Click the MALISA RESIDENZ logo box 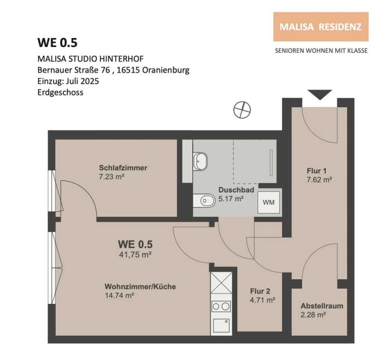[x=321, y=27]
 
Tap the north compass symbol [x=242, y=110]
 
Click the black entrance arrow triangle [x=320, y=95]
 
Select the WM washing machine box [x=269, y=202]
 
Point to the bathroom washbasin [x=200, y=161]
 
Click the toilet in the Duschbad [x=204, y=200]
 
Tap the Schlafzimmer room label [x=123, y=167]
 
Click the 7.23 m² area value [x=112, y=177]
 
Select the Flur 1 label [x=316, y=171]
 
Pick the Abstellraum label [x=322, y=306]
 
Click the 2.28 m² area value [x=313, y=315]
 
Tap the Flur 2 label [x=260, y=291]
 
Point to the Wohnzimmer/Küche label [x=140, y=286]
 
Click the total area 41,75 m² [x=135, y=255]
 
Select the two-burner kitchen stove [x=221, y=306]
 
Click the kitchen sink [x=221, y=325]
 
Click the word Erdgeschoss [x=60, y=92]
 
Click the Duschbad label [x=236, y=190]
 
